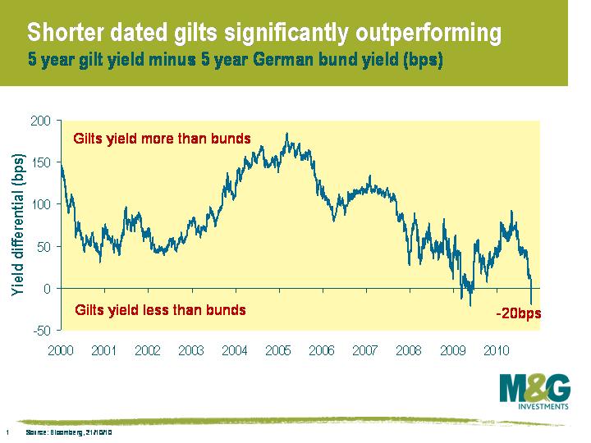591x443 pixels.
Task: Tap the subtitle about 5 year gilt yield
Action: pyautogui.click(x=235, y=60)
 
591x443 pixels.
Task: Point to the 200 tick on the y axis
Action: pyautogui.click(x=41, y=121)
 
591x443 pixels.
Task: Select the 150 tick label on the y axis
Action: pyautogui.click(x=41, y=162)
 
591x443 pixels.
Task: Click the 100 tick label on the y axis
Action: pyautogui.click(x=41, y=204)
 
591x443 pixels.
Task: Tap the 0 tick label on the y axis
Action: pyautogui.click(x=48, y=288)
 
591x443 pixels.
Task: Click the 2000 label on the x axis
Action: pyautogui.click(x=61, y=350)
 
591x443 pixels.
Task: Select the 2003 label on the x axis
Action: pyautogui.click(x=191, y=350)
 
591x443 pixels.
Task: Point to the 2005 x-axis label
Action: pyautogui.click(x=278, y=350)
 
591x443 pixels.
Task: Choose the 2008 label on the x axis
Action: pyautogui.click(x=409, y=350)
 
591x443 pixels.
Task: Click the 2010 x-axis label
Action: pyautogui.click(x=496, y=350)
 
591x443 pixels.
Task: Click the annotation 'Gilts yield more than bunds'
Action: pyautogui.click(x=162, y=138)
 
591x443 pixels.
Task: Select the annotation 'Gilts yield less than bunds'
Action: pyautogui.click(x=160, y=310)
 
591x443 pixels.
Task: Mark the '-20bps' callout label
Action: pyautogui.click(x=518, y=313)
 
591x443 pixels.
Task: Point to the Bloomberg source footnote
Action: pyautogui.click(x=68, y=432)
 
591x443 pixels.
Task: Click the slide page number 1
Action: pyautogui.click(x=7, y=432)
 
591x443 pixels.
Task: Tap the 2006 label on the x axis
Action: pyautogui.click(x=322, y=350)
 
